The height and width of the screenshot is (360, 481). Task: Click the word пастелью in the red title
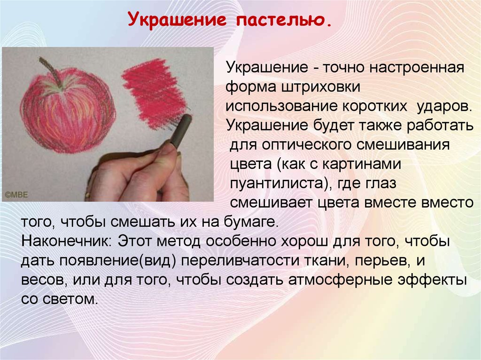[x=284, y=20]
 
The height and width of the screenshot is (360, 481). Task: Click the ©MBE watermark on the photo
[x=16, y=195]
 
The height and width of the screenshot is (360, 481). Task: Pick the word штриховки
[x=320, y=87]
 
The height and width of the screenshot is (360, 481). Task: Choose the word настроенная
[x=417, y=68]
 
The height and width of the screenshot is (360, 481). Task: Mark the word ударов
[x=444, y=107]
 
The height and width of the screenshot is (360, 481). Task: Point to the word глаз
[x=380, y=184]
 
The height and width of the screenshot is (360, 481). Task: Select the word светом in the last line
[x=70, y=299]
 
